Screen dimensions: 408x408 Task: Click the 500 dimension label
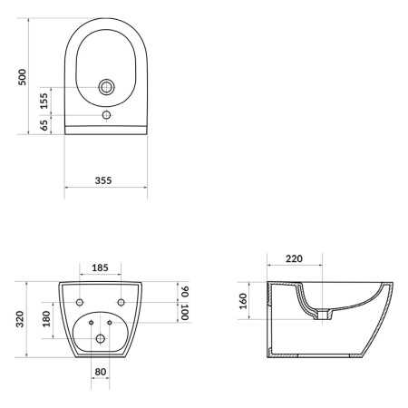point(22,77)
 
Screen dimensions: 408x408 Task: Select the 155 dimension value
point(44,101)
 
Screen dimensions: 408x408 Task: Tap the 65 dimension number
point(44,125)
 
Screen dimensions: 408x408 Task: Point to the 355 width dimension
point(103,180)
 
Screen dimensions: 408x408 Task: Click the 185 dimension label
point(100,267)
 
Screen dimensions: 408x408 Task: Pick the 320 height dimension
point(20,319)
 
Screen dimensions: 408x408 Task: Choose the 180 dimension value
point(46,319)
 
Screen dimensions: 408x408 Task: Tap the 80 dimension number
point(101,372)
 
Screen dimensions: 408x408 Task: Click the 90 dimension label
point(185,292)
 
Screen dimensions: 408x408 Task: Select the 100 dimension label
point(185,313)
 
